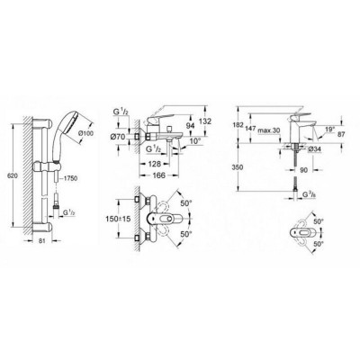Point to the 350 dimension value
[x=234, y=166]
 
